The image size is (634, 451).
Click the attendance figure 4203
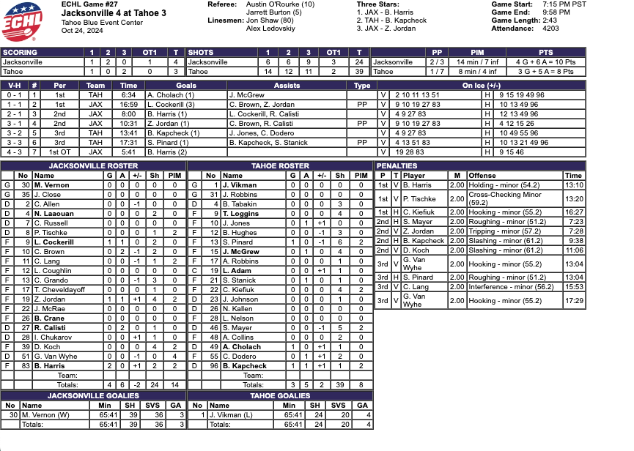[x=550, y=29]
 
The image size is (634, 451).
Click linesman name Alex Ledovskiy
[x=268, y=29]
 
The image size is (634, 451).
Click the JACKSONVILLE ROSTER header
[x=92, y=166]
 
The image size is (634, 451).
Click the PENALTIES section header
[x=397, y=166]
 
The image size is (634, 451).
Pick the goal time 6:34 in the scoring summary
[x=128, y=95]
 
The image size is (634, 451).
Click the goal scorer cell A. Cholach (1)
[x=169, y=95]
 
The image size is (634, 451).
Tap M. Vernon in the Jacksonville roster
[x=51, y=185]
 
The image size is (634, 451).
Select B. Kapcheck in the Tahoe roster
[x=245, y=365]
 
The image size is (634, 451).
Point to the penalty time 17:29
[x=575, y=301]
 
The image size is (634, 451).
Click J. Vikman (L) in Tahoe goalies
[x=232, y=414]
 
